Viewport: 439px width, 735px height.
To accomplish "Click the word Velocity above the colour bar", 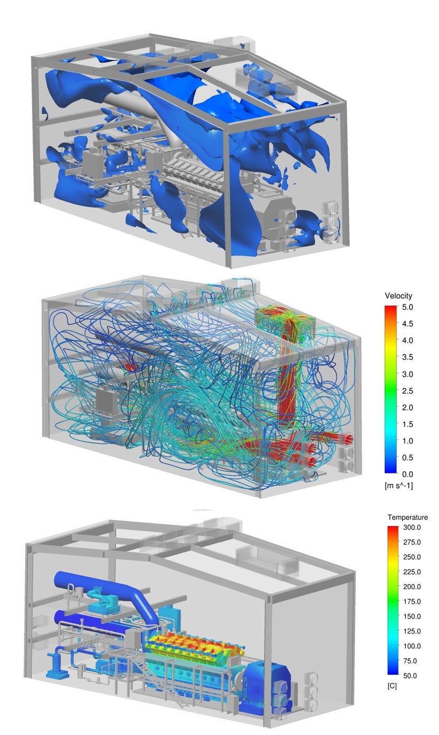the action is (398, 296).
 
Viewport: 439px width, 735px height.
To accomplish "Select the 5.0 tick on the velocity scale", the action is (407, 308).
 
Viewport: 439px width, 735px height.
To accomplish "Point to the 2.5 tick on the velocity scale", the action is (407, 391).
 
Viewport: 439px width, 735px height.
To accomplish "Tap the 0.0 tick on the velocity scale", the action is (407, 474).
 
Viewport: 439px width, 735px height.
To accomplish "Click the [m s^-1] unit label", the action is (398, 486).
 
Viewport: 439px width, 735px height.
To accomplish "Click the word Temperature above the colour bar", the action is (408, 518).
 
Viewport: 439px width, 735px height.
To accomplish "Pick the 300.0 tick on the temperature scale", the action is (412, 528).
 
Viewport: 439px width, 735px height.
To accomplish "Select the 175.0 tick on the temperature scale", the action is (412, 601).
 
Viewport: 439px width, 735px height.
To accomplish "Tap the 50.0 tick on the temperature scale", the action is (410, 676).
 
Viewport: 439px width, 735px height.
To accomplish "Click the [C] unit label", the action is (392, 686).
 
